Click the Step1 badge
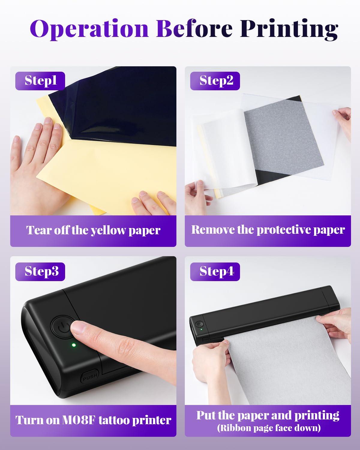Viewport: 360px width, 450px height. (x=40, y=81)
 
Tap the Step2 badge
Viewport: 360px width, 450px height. (x=215, y=81)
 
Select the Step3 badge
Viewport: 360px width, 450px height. (x=40, y=271)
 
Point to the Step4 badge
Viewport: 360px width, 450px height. (x=215, y=271)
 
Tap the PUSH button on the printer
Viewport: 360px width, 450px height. (x=89, y=375)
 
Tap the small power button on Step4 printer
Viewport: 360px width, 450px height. (x=199, y=324)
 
